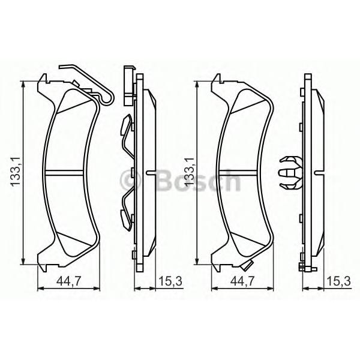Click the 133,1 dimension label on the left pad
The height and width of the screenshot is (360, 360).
tap(16, 172)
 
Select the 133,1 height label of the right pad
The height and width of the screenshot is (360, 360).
tap(190, 172)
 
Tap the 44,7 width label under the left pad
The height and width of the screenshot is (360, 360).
tap(69, 281)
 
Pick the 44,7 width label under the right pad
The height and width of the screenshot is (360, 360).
tap(242, 281)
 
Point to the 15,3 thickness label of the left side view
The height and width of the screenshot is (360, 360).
tap(170, 281)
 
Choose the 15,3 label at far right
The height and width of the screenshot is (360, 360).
tap(339, 281)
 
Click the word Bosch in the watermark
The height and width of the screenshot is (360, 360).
tap(199, 181)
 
